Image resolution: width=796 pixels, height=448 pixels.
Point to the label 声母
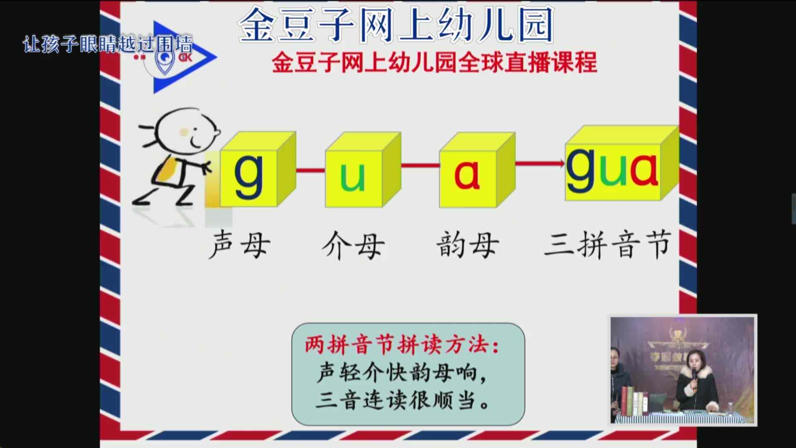pos(240,245)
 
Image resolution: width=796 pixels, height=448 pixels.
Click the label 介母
pos(353,245)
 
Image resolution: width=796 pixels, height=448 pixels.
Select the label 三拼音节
pos(607,244)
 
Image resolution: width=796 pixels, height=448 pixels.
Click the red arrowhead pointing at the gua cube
pos(561,163)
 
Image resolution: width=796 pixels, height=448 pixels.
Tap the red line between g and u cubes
pos(311,169)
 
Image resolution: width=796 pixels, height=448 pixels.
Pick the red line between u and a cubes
pos(420,166)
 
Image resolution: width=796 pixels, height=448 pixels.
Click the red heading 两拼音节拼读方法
pos(402,345)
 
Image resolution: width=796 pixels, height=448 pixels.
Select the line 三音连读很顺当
pos(402,400)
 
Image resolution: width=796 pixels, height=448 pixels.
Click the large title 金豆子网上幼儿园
pos(396,25)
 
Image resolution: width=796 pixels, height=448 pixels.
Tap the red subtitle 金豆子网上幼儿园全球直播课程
pos(434,62)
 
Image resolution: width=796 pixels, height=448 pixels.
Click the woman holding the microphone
pos(696,382)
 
